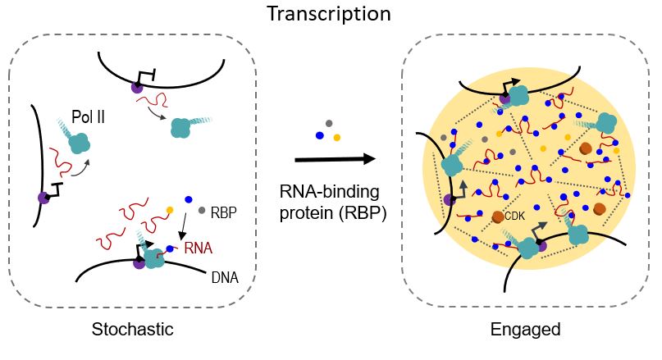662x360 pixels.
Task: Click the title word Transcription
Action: click(x=328, y=14)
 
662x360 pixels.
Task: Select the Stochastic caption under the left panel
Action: click(x=132, y=330)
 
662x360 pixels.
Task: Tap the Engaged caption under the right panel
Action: click(x=525, y=330)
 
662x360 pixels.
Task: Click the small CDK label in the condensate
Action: click(x=515, y=216)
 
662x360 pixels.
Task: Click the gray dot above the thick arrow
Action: click(x=329, y=123)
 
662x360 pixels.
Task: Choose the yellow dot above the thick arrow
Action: click(x=336, y=136)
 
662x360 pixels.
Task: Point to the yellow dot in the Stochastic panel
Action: click(x=170, y=210)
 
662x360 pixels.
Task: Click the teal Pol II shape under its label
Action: click(x=79, y=144)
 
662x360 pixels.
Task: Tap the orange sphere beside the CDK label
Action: click(x=497, y=216)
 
